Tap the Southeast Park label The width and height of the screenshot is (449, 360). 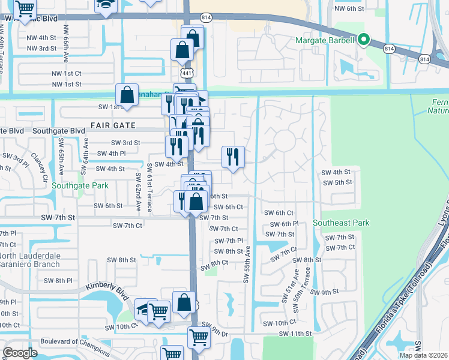pos(345,223)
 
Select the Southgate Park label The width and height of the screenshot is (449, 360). pos(80,185)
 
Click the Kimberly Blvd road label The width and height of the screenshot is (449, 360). pos(107,292)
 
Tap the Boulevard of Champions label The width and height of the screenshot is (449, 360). pos(74,341)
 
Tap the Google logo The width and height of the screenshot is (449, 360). pos(20,353)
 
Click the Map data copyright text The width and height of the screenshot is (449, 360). pos(424,355)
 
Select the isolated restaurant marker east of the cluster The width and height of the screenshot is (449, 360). pos(232,157)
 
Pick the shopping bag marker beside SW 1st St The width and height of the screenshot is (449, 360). pos(127,94)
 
